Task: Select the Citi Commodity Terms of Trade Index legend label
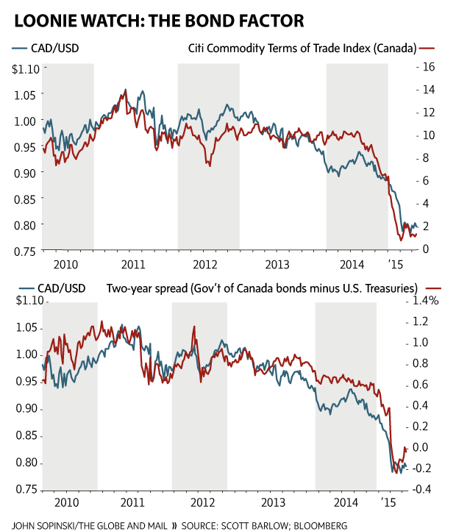tap(300, 49)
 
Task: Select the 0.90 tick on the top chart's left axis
tap(24, 173)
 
